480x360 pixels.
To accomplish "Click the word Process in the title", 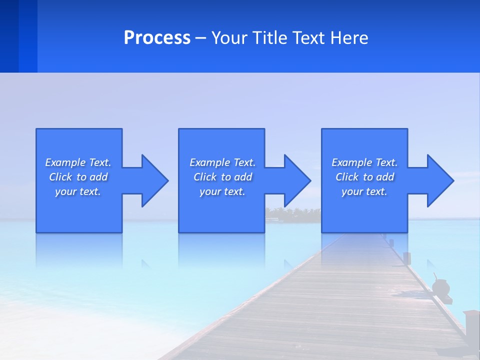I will (x=157, y=38).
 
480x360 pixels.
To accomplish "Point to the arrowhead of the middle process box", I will (x=296, y=180).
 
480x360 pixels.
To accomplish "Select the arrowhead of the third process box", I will (x=439, y=180).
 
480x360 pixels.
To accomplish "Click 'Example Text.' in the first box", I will (x=78, y=162).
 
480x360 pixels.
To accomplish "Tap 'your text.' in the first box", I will (x=78, y=191).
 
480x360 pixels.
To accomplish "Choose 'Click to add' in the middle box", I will (x=222, y=177).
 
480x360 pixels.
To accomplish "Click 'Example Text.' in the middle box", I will (x=222, y=162).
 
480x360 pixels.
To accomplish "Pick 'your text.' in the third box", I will (x=364, y=191).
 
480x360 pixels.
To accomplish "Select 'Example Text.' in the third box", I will (x=364, y=162).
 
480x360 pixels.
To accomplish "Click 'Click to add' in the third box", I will (x=364, y=177).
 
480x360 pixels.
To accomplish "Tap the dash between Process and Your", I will (x=200, y=38).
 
